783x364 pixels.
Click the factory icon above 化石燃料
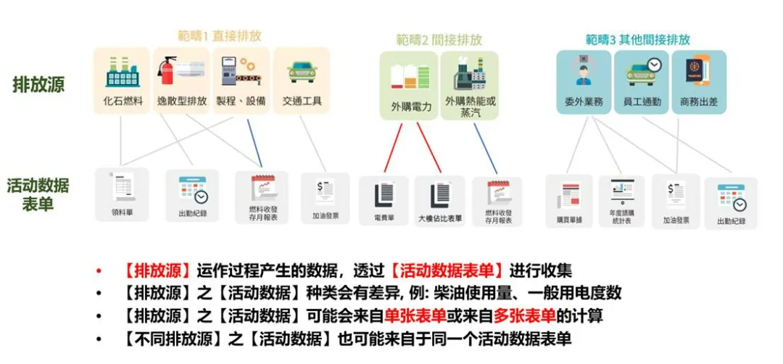pos(121,71)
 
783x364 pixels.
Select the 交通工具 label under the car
pos(302,102)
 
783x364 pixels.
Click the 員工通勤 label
pos(642,102)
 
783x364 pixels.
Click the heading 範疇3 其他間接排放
pos(638,39)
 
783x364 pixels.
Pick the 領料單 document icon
pos(121,190)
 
